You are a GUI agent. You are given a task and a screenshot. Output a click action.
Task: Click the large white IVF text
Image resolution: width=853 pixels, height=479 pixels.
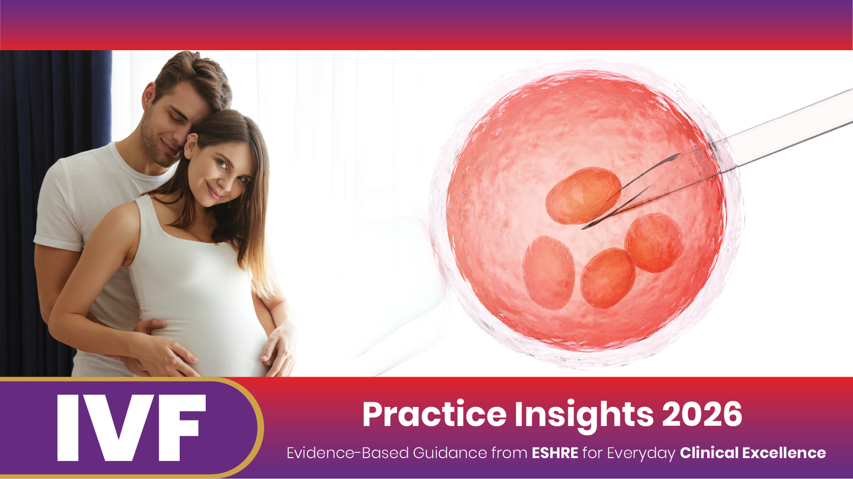tap(131, 428)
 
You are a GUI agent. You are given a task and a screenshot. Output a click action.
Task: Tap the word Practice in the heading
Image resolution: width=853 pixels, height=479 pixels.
tap(434, 414)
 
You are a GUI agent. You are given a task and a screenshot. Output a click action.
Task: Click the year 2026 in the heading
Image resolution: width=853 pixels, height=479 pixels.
tap(703, 414)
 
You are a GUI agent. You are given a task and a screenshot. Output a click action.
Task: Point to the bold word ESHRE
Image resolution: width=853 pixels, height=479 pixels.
tap(555, 453)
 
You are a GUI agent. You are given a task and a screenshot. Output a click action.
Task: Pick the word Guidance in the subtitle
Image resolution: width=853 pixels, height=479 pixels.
tap(450, 453)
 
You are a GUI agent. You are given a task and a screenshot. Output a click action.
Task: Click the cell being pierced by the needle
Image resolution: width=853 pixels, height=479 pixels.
tap(583, 195)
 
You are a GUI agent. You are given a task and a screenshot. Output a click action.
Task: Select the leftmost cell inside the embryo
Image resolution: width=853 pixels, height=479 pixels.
tap(549, 273)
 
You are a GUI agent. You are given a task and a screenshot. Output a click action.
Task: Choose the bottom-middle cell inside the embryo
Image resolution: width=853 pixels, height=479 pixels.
tap(607, 277)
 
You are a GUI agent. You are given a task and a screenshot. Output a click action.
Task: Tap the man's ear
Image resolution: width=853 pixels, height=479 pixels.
tap(148, 97)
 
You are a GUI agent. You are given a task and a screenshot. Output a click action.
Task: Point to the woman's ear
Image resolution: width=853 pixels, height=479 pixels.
tap(190, 146)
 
